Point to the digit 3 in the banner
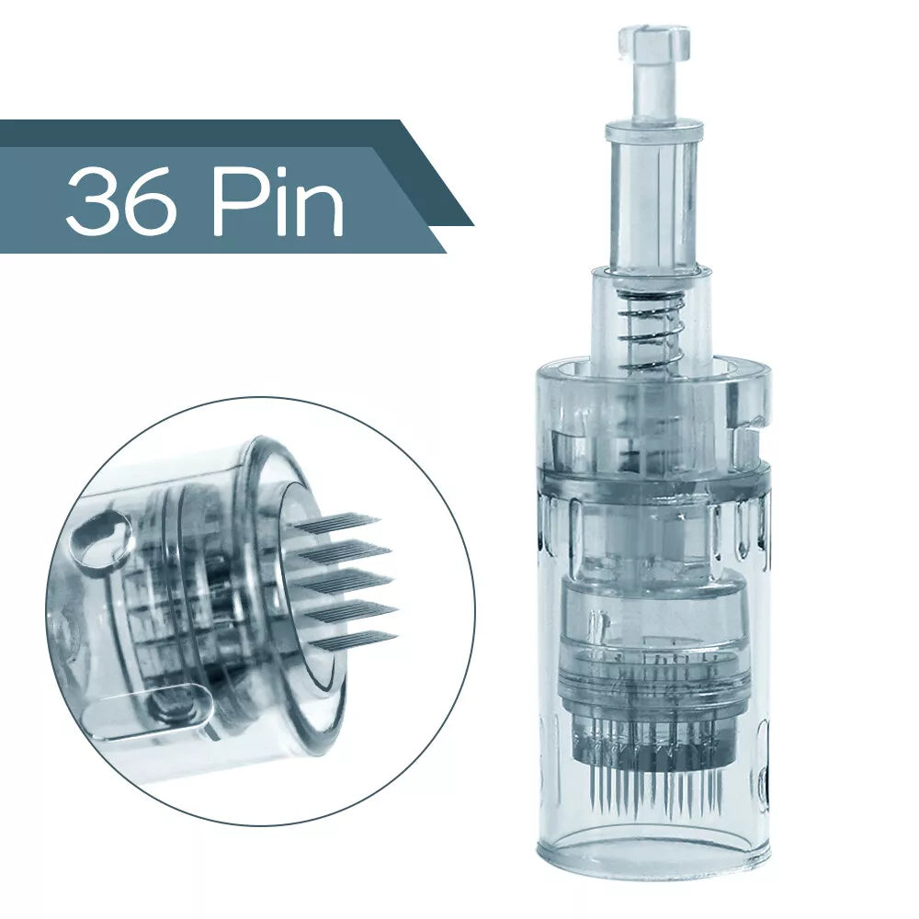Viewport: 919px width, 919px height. point(95,200)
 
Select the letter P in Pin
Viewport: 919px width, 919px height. point(233,200)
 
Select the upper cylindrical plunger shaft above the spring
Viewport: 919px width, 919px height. point(652,202)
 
